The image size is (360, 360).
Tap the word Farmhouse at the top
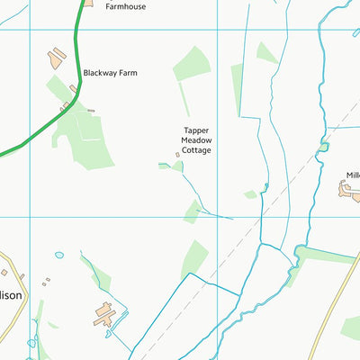[x=125, y=6]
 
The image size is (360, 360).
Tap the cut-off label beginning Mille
[x=352, y=175]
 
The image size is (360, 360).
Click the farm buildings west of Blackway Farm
[x=57, y=59]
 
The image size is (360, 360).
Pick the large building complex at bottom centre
[x=104, y=315]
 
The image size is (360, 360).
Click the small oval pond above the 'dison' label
[x=59, y=255]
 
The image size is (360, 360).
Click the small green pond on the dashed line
[x=322, y=144]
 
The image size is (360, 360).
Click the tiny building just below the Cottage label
[x=177, y=155]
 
